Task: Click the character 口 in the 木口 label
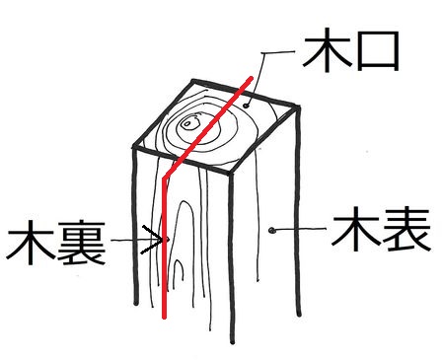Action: (x=378, y=51)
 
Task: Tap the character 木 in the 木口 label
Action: (x=327, y=49)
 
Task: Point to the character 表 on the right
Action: (x=406, y=230)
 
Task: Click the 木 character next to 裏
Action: (x=31, y=243)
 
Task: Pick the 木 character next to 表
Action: (x=355, y=229)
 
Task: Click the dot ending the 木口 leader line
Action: (x=246, y=106)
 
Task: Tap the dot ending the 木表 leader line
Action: (x=271, y=231)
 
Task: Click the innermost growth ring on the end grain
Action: (x=187, y=124)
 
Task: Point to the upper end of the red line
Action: (x=251, y=78)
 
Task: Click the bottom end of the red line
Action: (x=165, y=317)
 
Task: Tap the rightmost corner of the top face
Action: (x=298, y=108)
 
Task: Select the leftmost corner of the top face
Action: (x=134, y=147)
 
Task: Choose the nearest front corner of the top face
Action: (x=231, y=174)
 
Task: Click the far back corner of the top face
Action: (x=193, y=81)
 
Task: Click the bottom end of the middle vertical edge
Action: (x=233, y=342)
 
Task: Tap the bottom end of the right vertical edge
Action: (x=299, y=315)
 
